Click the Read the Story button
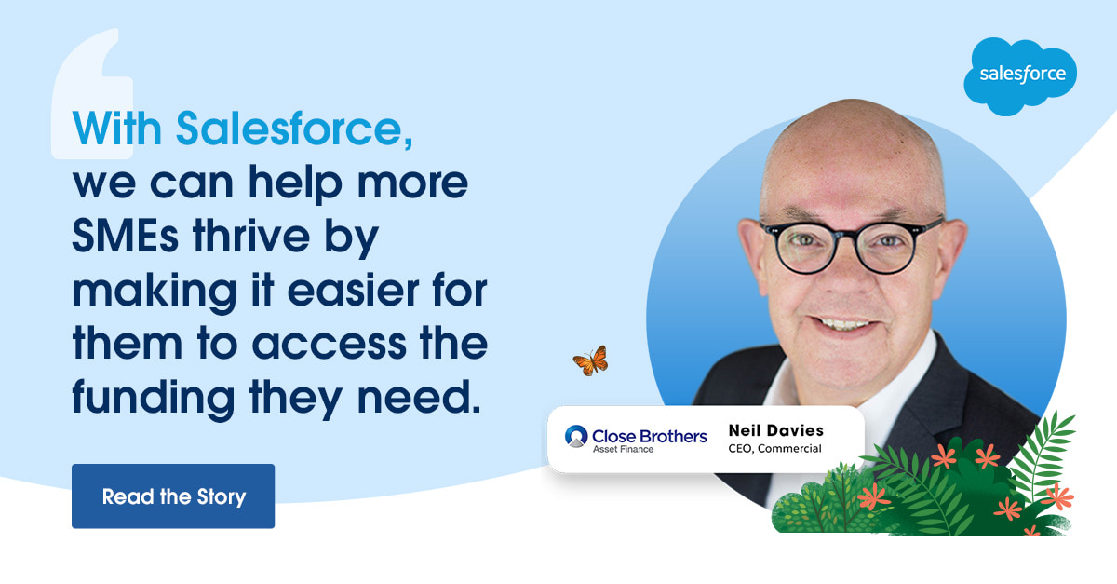click(x=173, y=496)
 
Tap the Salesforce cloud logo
click(x=1020, y=75)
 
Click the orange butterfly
click(x=591, y=360)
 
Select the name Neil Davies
click(x=776, y=430)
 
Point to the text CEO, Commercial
click(x=774, y=449)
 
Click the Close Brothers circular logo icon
click(x=576, y=436)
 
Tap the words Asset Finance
click(x=623, y=449)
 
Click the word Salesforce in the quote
click(x=295, y=129)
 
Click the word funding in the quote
click(x=154, y=398)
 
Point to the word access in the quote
click(x=330, y=345)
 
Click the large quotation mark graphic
click(x=92, y=93)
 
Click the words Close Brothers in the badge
click(x=650, y=436)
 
